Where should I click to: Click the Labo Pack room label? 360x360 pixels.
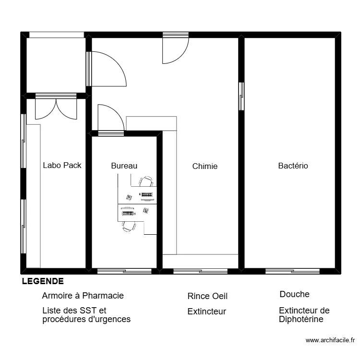62,165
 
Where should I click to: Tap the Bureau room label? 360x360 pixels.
124,166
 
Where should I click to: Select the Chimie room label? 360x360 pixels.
205,166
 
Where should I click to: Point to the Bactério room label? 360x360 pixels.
293,166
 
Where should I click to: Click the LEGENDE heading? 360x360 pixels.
43,281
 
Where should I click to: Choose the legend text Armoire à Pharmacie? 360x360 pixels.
83,296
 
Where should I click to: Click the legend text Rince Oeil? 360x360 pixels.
207,296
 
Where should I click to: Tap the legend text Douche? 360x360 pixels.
295,294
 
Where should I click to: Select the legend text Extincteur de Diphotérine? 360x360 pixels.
304,315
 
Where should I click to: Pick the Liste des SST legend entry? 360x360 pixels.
86,315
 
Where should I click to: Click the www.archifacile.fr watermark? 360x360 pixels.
330,340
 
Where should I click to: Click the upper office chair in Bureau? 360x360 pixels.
146,181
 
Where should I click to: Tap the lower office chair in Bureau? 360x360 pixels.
129,227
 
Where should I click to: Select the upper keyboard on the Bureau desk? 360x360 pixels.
147,195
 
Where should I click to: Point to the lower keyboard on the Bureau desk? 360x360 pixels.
128,213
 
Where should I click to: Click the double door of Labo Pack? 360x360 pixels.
56,108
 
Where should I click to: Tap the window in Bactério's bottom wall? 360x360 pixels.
292,271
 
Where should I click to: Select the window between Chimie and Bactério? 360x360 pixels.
241,96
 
